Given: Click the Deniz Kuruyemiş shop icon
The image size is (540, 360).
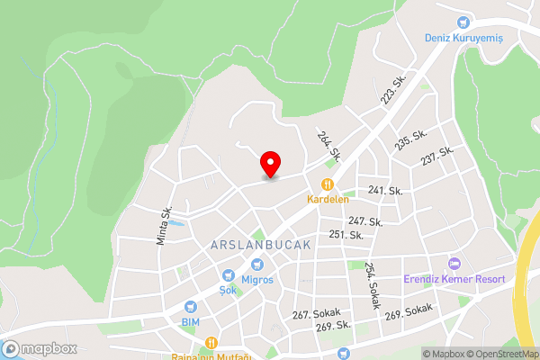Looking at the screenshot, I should [463, 22].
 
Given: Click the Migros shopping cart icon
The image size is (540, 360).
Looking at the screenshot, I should [256, 265].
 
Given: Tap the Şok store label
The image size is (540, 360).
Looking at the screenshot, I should [233, 291].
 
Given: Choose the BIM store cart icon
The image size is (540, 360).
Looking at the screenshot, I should [190, 306].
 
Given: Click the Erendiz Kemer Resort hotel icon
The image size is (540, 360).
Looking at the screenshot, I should [454, 264].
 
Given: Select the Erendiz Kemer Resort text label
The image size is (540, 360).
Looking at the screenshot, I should [454, 280].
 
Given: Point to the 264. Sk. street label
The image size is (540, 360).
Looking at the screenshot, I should [328, 145].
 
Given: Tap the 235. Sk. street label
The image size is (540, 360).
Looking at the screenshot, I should [409, 142].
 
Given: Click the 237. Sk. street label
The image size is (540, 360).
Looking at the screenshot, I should [438, 156].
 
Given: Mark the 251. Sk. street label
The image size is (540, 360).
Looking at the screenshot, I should [346, 235].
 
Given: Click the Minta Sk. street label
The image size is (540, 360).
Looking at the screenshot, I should [163, 226].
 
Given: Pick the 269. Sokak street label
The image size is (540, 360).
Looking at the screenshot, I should [409, 312].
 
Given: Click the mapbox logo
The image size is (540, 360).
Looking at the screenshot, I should [39, 348].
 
